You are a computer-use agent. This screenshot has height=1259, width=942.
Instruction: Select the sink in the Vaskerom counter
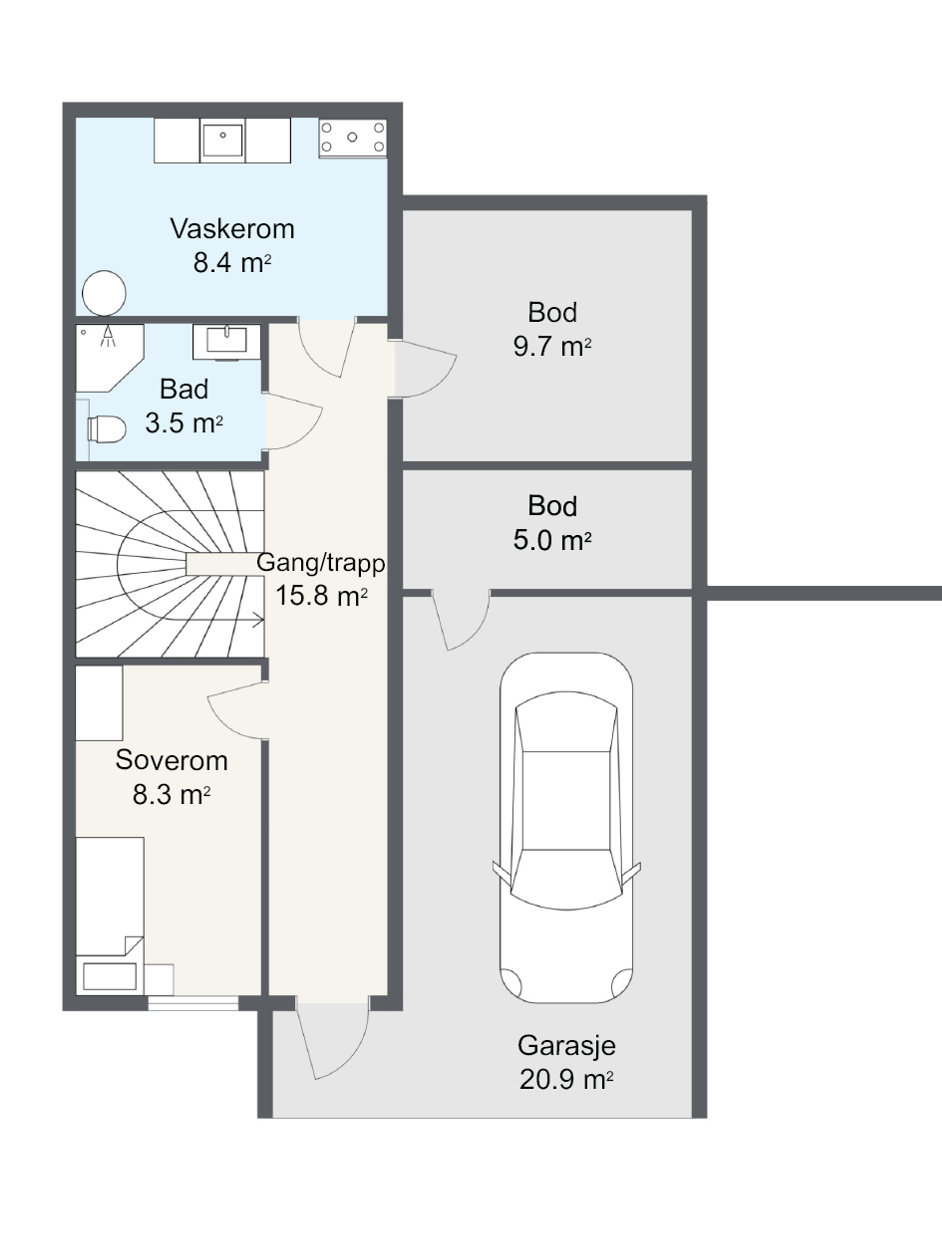[x=223, y=140]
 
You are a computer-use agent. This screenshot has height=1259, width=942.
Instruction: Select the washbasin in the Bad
[x=227, y=341]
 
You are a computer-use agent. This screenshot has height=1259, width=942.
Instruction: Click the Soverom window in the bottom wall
[x=193, y=1003]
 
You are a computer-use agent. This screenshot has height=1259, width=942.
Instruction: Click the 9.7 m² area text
[x=552, y=347]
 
